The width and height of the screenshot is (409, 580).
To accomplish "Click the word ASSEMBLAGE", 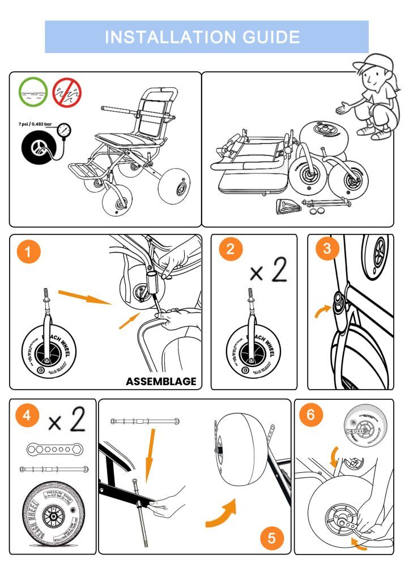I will [161, 381].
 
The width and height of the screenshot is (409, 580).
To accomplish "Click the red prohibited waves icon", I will [67, 92].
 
